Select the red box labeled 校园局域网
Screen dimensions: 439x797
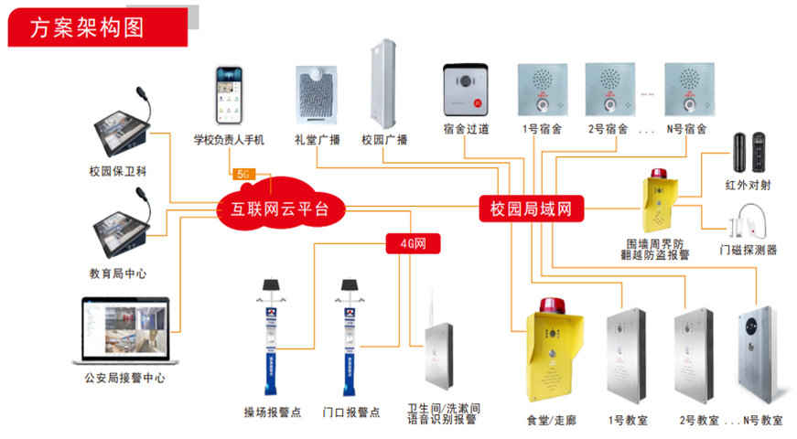(532, 209)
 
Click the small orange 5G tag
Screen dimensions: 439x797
(242, 173)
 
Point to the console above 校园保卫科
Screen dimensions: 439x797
(124, 128)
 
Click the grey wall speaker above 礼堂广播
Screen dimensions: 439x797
(317, 96)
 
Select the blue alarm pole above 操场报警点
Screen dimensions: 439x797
(269, 338)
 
